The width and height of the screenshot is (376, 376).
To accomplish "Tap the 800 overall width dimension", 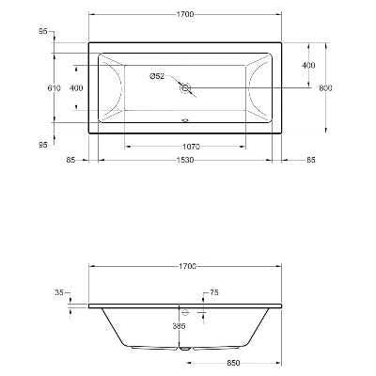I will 325,87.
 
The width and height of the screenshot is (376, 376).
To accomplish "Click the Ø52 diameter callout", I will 158,76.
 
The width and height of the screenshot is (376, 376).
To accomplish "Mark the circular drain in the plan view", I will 185,89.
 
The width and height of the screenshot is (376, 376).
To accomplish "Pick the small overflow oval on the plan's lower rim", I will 185,120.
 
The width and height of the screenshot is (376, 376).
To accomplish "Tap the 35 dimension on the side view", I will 60,293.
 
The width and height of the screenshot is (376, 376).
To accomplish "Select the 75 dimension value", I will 215,294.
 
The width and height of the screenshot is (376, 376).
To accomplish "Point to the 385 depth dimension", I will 179,326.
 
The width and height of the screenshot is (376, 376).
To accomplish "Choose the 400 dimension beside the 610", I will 77,87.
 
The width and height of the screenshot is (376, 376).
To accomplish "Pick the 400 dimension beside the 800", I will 308,65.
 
